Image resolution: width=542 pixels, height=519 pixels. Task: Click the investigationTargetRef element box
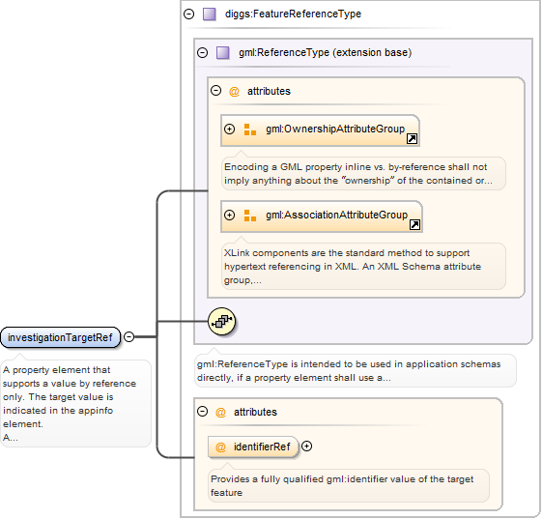click(61, 337)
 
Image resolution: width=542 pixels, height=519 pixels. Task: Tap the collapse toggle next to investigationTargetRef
click(128, 336)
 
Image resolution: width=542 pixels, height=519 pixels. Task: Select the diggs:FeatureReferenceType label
click(293, 14)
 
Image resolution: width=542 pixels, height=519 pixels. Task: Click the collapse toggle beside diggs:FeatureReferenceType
click(188, 14)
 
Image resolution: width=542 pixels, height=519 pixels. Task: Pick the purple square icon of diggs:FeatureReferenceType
click(209, 14)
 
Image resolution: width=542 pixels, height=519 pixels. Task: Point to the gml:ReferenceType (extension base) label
click(325, 52)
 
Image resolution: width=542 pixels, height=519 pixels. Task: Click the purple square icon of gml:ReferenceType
click(222, 53)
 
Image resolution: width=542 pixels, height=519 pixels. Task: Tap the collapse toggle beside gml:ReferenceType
click(202, 52)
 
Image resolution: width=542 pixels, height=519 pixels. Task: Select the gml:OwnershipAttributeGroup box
click(320, 130)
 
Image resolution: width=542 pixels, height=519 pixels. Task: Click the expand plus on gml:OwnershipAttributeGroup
click(229, 129)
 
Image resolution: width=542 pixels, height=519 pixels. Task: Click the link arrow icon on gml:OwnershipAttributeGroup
click(412, 138)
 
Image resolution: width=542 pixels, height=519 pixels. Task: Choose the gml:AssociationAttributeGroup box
click(322, 216)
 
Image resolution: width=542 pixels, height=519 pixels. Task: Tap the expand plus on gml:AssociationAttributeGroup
click(229, 216)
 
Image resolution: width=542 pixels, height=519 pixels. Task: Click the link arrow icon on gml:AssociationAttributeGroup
click(414, 225)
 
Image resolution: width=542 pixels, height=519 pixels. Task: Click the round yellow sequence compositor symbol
click(222, 322)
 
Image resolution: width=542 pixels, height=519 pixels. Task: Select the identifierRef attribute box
click(253, 447)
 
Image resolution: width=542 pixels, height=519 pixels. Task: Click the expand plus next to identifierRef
click(306, 447)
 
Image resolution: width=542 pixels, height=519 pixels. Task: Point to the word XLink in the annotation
click(237, 253)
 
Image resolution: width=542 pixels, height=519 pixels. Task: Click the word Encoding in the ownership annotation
click(246, 167)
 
